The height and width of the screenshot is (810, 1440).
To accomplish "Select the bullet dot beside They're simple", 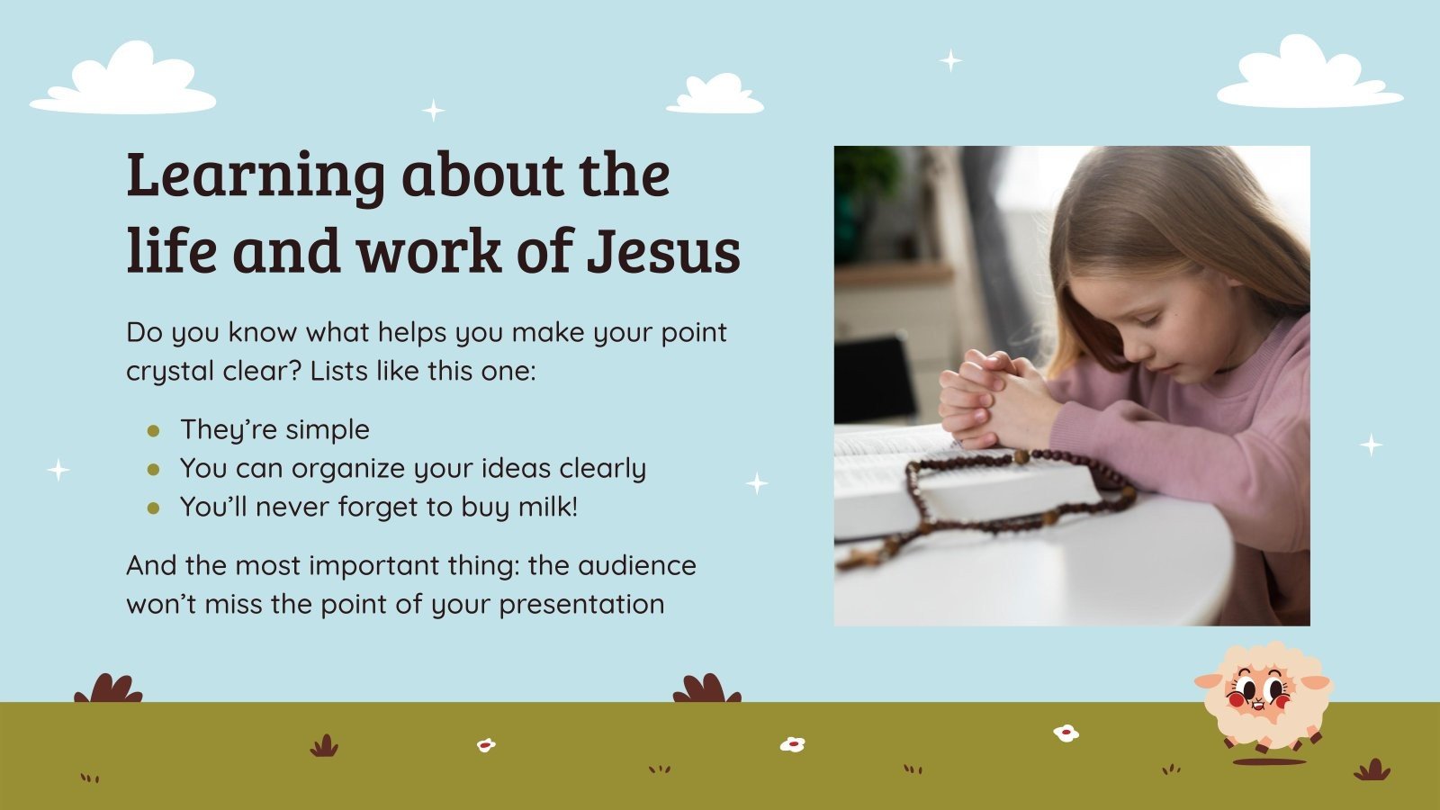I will (153, 431).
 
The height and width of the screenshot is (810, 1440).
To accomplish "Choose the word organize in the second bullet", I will (347, 469).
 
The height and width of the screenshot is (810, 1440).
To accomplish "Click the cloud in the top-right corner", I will (1309, 76).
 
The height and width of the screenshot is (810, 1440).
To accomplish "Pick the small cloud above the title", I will (715, 95).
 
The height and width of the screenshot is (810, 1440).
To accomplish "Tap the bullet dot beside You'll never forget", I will (153, 508).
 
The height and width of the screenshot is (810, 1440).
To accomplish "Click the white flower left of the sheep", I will (1066, 733).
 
